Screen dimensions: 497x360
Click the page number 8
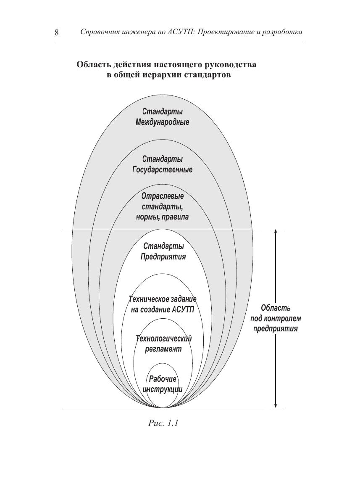56,33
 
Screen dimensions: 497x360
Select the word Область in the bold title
93,65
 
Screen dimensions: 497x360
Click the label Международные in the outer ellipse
162,122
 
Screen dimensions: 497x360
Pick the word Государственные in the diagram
162,170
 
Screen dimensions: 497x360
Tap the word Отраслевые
163,196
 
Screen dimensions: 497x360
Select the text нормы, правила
162,217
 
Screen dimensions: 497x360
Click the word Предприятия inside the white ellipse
163,256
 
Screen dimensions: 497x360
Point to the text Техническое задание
163,299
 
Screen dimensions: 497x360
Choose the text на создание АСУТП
163,310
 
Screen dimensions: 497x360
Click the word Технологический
163,338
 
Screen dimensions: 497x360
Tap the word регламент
163,349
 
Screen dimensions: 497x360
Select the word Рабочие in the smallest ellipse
163,379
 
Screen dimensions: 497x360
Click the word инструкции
163,389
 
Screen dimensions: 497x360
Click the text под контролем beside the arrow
276,318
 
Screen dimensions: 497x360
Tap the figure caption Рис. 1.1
163,423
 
